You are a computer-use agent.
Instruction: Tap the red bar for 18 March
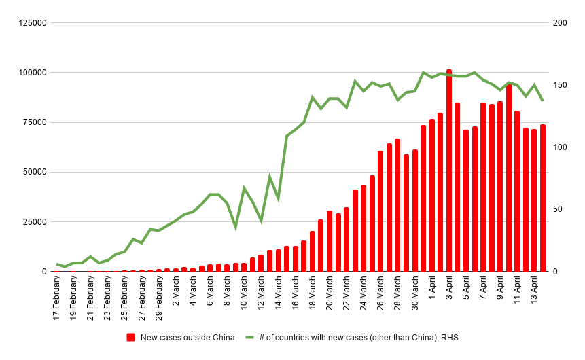pyautogui.click(x=313, y=251)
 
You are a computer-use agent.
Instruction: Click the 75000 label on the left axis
pyautogui.click(x=34, y=122)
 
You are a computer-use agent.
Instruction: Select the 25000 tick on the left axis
pyautogui.click(x=34, y=222)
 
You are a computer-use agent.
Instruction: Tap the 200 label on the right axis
pyautogui.click(x=560, y=23)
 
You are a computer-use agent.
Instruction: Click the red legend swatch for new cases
pyautogui.click(x=131, y=338)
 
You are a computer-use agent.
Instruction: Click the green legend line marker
pyautogui.click(x=249, y=338)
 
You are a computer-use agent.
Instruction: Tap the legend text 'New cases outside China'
pyautogui.click(x=188, y=338)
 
